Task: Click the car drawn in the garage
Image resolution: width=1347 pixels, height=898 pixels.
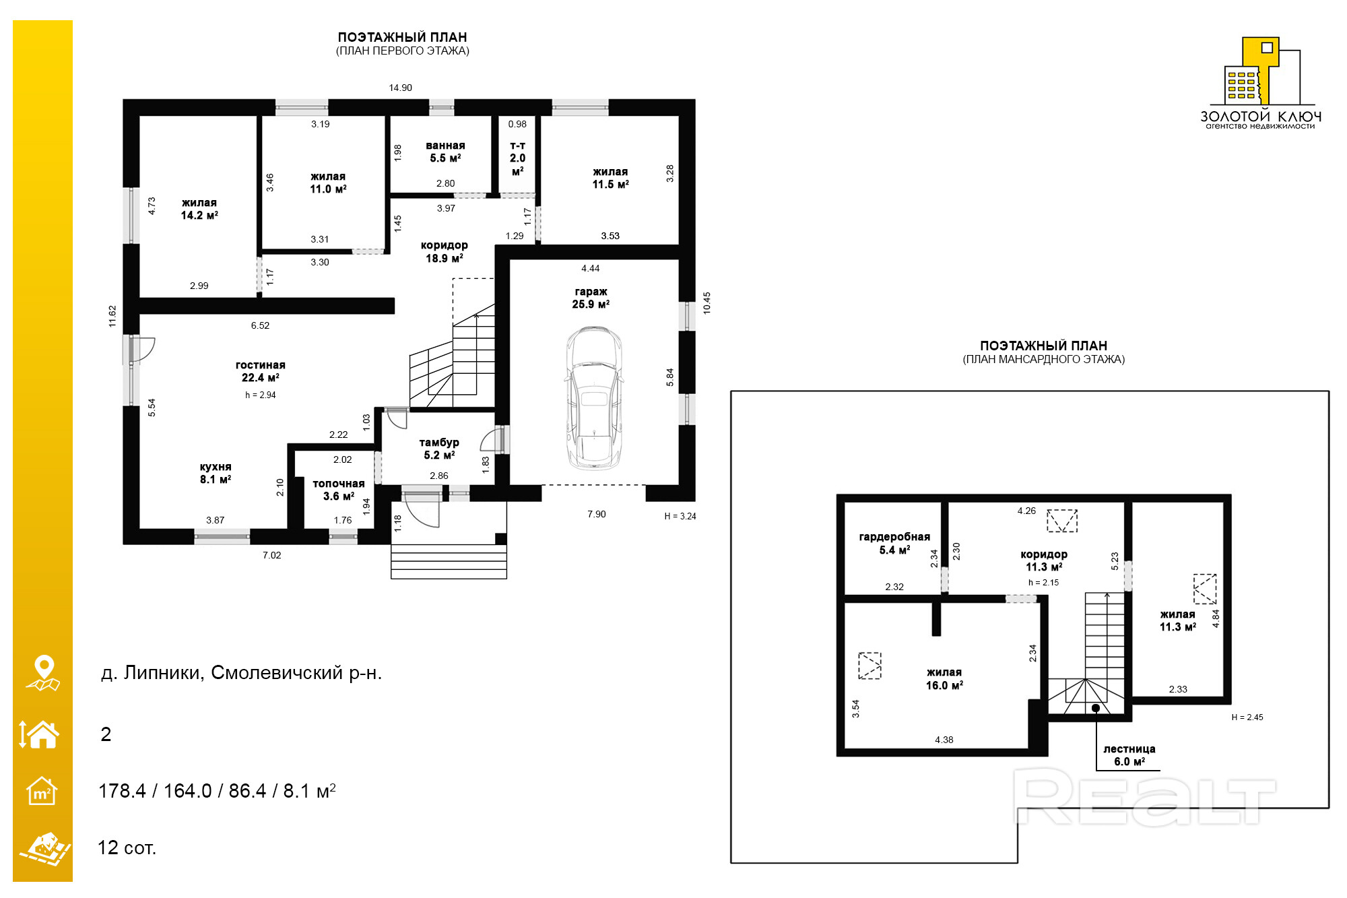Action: point(593,398)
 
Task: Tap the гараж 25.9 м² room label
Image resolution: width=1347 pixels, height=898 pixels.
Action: point(591,298)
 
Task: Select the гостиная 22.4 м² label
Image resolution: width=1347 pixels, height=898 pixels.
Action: point(261,371)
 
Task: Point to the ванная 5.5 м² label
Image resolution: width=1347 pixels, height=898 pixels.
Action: point(445,152)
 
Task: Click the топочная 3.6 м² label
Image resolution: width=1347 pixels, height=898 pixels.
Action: point(339,490)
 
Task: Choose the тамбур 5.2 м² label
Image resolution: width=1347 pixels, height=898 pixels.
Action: point(439,449)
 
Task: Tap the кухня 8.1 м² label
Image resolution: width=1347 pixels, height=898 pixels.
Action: point(216,473)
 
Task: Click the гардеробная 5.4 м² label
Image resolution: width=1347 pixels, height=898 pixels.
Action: point(894,543)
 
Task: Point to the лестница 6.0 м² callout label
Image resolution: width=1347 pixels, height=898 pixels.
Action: point(1129,755)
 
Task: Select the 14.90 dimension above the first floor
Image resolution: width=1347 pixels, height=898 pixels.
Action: point(400,88)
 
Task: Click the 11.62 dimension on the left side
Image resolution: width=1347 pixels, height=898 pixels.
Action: point(112,317)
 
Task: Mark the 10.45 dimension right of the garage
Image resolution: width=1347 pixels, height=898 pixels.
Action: point(707,302)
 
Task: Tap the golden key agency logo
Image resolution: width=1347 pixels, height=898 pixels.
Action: point(1260,83)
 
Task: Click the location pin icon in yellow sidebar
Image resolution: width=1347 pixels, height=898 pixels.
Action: point(44,673)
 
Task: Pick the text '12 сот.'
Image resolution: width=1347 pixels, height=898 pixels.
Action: point(127,847)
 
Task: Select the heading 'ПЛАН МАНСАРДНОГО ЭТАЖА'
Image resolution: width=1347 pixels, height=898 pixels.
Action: point(1044,360)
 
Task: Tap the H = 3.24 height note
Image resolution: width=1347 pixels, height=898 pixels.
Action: point(680,516)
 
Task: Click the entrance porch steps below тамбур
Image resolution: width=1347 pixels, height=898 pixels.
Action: point(449,561)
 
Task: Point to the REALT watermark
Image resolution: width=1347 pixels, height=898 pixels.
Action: point(1144,797)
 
